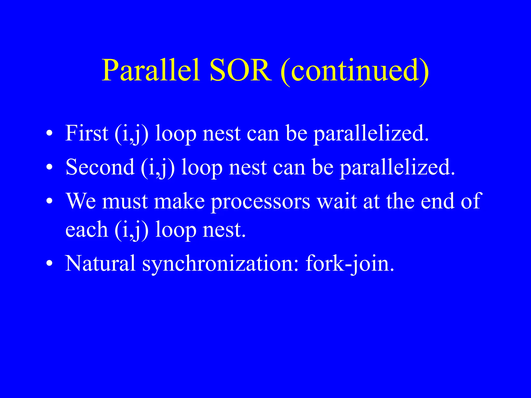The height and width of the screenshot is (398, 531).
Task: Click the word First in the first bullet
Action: click(87, 133)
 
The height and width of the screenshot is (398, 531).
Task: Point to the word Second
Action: click(100, 167)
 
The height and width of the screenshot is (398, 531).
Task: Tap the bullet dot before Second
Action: click(50, 168)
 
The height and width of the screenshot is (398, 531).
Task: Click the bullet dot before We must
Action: click(50, 201)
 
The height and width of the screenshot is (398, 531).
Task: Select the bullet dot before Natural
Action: click(50, 264)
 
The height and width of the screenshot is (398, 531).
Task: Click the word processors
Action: click(260, 202)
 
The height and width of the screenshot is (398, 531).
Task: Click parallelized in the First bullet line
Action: click(371, 134)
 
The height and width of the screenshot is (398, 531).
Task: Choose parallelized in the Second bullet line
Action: click(397, 167)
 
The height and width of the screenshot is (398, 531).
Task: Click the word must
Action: click(125, 202)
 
